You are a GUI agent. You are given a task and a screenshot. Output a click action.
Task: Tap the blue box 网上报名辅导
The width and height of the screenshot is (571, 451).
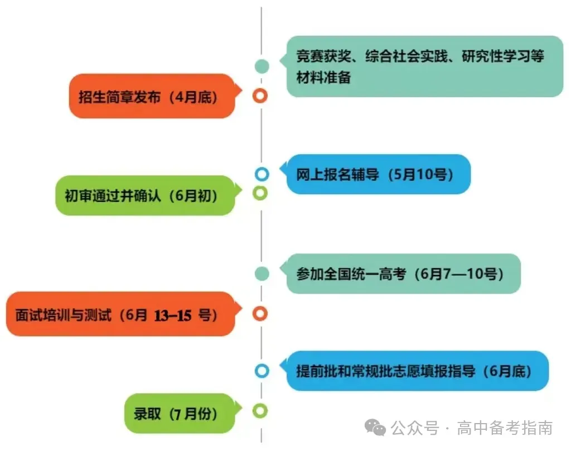[378, 174]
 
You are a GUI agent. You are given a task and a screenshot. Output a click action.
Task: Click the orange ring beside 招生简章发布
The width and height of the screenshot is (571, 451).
[260, 96]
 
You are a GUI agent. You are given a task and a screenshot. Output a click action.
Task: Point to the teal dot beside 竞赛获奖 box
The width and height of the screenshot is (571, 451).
[262, 66]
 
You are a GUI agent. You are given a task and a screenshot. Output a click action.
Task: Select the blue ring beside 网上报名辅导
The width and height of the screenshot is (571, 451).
[262, 174]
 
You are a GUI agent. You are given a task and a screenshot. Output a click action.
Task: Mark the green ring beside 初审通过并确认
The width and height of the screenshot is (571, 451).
[260, 193]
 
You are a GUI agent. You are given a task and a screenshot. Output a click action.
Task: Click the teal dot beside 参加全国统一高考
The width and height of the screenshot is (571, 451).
[262, 274]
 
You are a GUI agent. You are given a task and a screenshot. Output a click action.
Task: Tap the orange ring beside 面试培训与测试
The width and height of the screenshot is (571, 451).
[260, 314]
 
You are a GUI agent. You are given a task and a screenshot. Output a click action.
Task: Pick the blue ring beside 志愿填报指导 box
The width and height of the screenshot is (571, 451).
[262, 371]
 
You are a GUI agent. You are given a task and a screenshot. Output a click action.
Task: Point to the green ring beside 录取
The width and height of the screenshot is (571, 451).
[260, 411]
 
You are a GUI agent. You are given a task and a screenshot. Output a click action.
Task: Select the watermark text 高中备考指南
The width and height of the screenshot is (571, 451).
[505, 429]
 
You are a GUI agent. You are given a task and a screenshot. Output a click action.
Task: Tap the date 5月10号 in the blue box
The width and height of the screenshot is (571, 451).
[422, 174]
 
